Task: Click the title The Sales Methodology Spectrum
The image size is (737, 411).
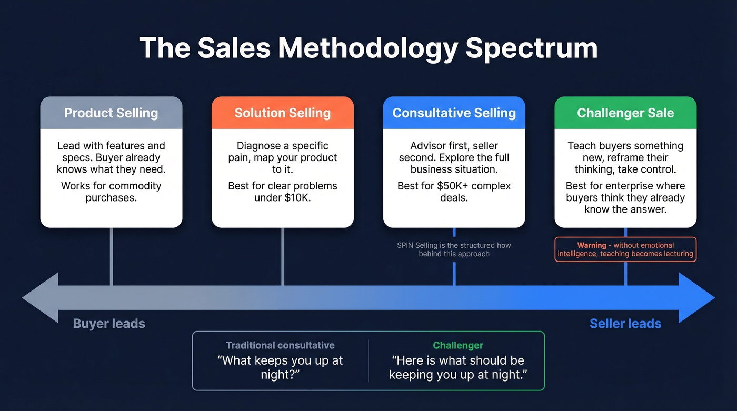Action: point(368,48)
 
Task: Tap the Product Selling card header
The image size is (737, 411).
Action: point(111,113)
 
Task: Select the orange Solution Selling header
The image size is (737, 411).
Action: point(283,113)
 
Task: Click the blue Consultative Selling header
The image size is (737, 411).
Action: point(454,113)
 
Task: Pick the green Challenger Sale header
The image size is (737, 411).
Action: point(625,113)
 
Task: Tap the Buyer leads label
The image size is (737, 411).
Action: point(109,323)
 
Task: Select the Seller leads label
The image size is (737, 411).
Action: point(625,323)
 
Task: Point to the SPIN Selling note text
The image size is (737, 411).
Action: point(454,249)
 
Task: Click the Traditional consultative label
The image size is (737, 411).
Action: point(280,345)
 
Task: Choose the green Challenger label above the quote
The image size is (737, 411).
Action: point(458,345)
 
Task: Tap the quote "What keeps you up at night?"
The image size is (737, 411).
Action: point(280,367)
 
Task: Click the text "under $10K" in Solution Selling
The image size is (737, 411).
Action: point(283,198)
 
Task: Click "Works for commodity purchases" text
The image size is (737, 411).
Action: point(111,192)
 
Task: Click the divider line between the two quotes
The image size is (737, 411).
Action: point(368,360)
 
